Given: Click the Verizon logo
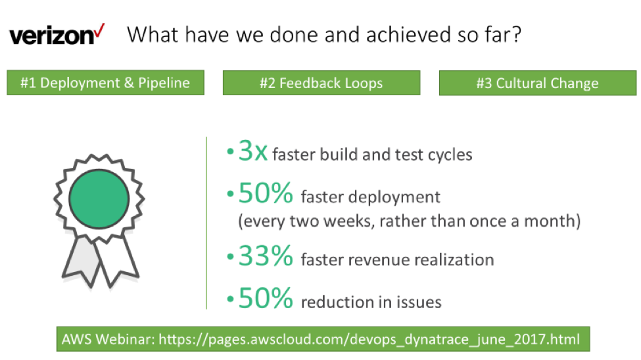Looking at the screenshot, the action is coord(57,35).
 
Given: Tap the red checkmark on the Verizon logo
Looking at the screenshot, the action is coord(99,32).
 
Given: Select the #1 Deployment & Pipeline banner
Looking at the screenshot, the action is coord(105,83).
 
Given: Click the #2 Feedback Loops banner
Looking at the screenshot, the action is coord(321,83).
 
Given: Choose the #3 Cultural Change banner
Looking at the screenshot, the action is coord(538,83).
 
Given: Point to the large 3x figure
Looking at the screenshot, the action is coord(253,151).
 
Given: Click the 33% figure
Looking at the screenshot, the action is coord(266,256).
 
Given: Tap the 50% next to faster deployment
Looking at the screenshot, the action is coord(266,193).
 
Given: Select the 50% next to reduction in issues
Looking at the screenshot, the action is coord(266,298).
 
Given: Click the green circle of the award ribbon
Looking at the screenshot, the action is coord(99,199).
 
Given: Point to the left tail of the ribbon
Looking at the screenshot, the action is coord(82,261).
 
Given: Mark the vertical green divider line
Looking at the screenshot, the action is coord(206,223).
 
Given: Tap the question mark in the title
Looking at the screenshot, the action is coord(517,34).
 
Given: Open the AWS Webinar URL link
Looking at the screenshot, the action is coord(369,340).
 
